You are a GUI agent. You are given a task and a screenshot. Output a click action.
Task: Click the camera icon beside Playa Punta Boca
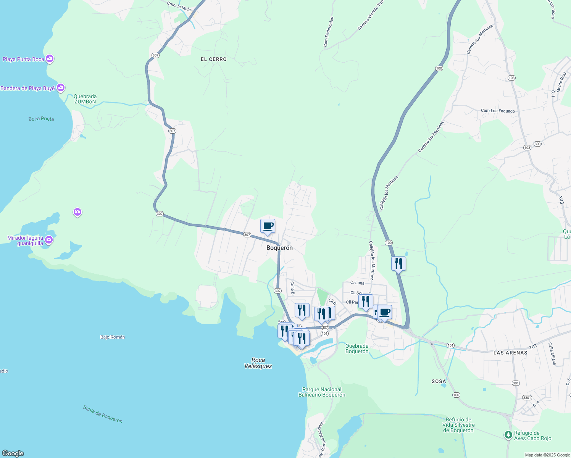click(x=49, y=59)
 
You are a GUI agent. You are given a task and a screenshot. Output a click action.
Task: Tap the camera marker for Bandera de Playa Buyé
click(x=60, y=88)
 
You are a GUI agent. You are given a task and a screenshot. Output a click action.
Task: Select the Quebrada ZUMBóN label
click(x=85, y=99)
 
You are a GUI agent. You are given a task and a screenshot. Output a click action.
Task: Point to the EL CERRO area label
click(x=214, y=59)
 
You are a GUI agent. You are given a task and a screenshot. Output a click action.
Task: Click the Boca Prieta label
click(x=41, y=119)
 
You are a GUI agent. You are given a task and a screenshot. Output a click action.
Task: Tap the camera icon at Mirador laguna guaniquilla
click(x=48, y=240)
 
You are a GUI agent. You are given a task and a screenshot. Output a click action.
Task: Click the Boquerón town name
click(x=279, y=248)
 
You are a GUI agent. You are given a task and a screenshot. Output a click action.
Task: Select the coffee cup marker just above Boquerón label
click(x=268, y=226)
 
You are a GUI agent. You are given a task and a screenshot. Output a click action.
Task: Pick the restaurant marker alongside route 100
click(x=398, y=263)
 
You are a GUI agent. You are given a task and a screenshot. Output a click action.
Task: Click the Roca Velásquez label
click(x=258, y=363)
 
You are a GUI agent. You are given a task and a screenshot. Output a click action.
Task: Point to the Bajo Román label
click(x=113, y=337)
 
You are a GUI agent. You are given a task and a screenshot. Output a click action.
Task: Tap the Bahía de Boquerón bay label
click(x=103, y=414)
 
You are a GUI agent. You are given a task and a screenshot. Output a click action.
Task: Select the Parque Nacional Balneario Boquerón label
click(x=322, y=392)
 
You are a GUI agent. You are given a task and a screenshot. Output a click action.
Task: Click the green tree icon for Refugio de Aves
click(x=508, y=435)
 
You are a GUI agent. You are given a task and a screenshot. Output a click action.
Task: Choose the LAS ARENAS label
click(x=510, y=353)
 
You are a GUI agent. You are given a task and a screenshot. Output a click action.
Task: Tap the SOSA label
click(x=439, y=381)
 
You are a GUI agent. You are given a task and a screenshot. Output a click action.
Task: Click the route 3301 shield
click(x=527, y=398)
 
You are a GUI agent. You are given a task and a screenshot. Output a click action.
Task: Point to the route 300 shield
click(x=537, y=144)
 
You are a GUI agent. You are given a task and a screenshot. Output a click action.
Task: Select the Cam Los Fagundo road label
click(x=498, y=111)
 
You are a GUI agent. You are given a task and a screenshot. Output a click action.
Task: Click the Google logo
click(x=13, y=453)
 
